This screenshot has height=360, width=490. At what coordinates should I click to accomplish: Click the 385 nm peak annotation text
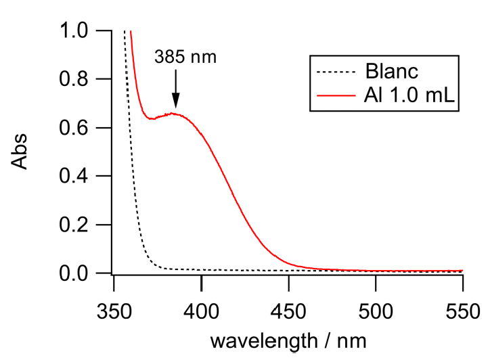tap(185, 56)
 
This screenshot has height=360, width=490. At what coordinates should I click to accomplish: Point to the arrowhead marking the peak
tap(175, 102)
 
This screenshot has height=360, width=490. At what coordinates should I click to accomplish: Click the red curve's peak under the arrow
tap(175, 113)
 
